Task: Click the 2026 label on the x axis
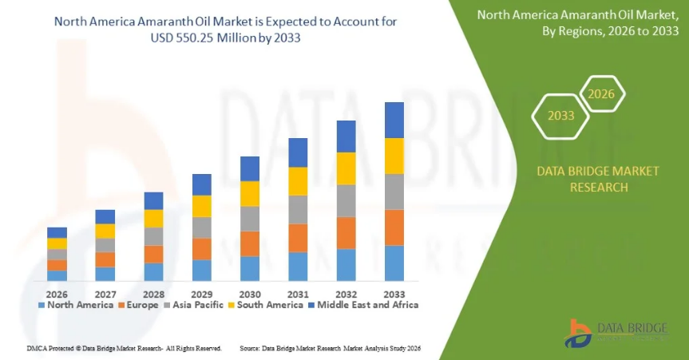(57, 292)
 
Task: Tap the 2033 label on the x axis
(394, 292)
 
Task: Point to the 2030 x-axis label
(250, 292)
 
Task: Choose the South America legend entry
(266, 304)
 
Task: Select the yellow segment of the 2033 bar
(394, 156)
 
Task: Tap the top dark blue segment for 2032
(346, 136)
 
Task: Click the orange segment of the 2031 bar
(298, 238)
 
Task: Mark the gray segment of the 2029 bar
(202, 227)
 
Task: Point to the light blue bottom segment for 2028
(153, 271)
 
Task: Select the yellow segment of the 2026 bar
(57, 243)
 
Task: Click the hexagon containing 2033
(561, 115)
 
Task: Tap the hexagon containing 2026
(600, 94)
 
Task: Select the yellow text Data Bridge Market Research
(582, 179)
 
